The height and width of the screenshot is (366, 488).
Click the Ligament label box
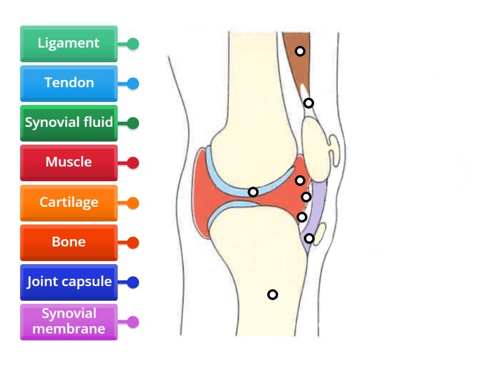point(68,43)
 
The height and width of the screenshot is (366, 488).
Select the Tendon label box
point(68,83)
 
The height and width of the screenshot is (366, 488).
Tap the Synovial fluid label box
point(68,123)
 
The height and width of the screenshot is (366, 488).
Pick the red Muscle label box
point(68,162)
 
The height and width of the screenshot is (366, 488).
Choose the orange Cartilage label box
point(68,202)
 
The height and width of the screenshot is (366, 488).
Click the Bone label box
point(68,242)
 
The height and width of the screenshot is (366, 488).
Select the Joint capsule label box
point(68,282)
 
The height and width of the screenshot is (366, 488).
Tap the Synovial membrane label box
point(68,321)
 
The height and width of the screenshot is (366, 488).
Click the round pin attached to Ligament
point(133,44)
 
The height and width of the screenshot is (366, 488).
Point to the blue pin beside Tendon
point(133,84)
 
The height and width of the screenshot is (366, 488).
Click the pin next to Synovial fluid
point(133,123)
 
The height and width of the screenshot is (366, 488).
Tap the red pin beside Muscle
point(133,163)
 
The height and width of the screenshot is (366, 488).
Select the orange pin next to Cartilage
point(133,203)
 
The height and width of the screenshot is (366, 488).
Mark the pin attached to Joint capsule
point(133,282)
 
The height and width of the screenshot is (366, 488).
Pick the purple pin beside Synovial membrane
point(133,322)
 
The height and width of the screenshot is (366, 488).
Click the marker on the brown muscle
point(300,51)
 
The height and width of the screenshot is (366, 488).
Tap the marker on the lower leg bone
point(273,295)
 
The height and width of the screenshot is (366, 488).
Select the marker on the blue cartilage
point(253,192)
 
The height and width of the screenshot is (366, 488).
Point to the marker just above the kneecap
point(309,103)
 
